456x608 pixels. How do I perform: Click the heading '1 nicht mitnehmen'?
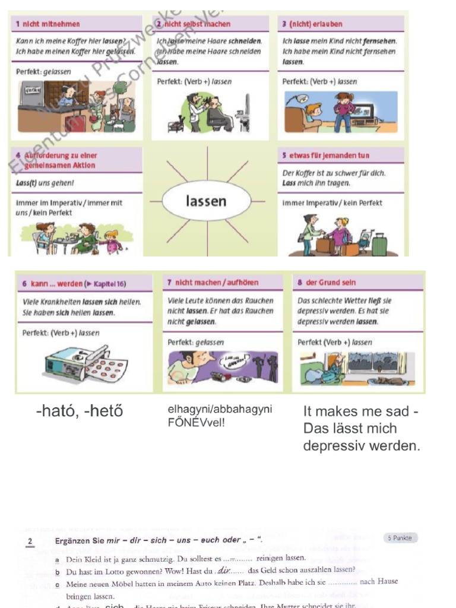[48, 24]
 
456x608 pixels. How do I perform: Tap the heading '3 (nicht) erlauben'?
[312, 24]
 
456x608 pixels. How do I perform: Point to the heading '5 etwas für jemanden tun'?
[325, 156]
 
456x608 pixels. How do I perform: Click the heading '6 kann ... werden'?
[74, 284]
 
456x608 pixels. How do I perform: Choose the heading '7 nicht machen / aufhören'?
[213, 283]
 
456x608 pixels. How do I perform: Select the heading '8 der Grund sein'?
[327, 283]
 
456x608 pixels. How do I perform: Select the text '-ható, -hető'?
[79, 411]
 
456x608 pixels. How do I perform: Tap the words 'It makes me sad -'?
[360, 411]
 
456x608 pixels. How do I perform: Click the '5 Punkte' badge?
[401, 538]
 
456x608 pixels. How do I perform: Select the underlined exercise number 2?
[30, 541]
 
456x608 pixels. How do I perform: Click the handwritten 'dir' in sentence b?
[224, 570]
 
